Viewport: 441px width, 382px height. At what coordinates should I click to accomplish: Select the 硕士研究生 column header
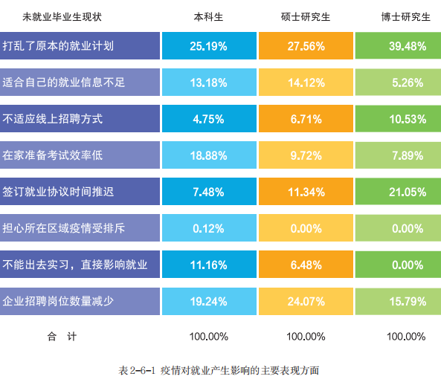tap(306, 17)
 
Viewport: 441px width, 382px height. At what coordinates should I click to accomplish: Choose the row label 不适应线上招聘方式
tap(53, 119)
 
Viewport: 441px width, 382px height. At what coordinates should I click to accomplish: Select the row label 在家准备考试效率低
tap(53, 155)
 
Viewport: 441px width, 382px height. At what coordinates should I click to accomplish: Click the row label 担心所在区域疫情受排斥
tap(63, 228)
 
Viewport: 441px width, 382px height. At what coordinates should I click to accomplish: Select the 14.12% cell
tap(306, 82)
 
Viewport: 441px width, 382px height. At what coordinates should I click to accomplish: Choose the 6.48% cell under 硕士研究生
tap(306, 265)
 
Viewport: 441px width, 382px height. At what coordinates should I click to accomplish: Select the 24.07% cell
tap(306, 301)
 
